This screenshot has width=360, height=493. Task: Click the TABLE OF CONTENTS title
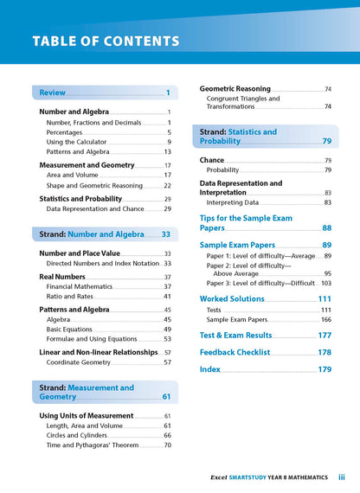(106, 42)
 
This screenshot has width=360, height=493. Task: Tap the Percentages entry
(67, 132)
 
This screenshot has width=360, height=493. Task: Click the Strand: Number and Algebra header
(104, 234)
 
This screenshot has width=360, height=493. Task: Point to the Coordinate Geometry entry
(80, 362)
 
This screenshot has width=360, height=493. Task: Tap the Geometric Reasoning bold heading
(235, 89)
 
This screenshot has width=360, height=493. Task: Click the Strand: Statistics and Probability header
(238, 137)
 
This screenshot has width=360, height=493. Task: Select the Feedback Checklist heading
(235, 353)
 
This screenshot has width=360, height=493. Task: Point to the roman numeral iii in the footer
(342, 477)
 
